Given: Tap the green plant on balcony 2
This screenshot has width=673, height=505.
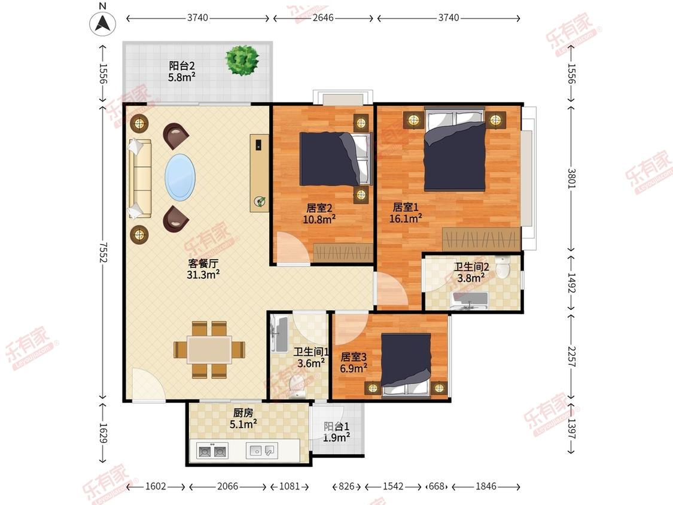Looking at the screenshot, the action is point(242,59).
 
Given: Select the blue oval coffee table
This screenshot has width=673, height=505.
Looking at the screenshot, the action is point(180,177).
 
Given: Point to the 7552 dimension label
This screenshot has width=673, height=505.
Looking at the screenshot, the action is point(103,252).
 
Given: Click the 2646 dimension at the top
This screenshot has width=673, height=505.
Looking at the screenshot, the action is point(323,18).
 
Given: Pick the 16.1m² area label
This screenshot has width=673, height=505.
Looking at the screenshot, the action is point(405,218).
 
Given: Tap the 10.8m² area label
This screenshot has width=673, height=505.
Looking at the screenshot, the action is point(319,220).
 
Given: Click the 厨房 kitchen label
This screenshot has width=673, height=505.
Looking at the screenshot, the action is point(243,413).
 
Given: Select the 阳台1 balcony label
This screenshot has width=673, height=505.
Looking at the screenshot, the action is point(336,427).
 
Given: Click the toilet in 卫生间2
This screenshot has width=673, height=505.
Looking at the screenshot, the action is point(502,267).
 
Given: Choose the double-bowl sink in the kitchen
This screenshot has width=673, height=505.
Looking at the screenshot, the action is point(212,451).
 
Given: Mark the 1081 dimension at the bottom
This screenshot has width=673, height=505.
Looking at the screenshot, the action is point(290,486).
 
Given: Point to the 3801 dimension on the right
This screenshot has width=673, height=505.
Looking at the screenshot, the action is point(571,178).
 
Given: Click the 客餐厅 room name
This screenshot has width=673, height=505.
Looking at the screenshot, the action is point(203,263).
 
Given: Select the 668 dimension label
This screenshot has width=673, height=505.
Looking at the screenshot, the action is point(437,486).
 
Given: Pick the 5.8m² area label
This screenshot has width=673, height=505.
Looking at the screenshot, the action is point(181,77).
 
